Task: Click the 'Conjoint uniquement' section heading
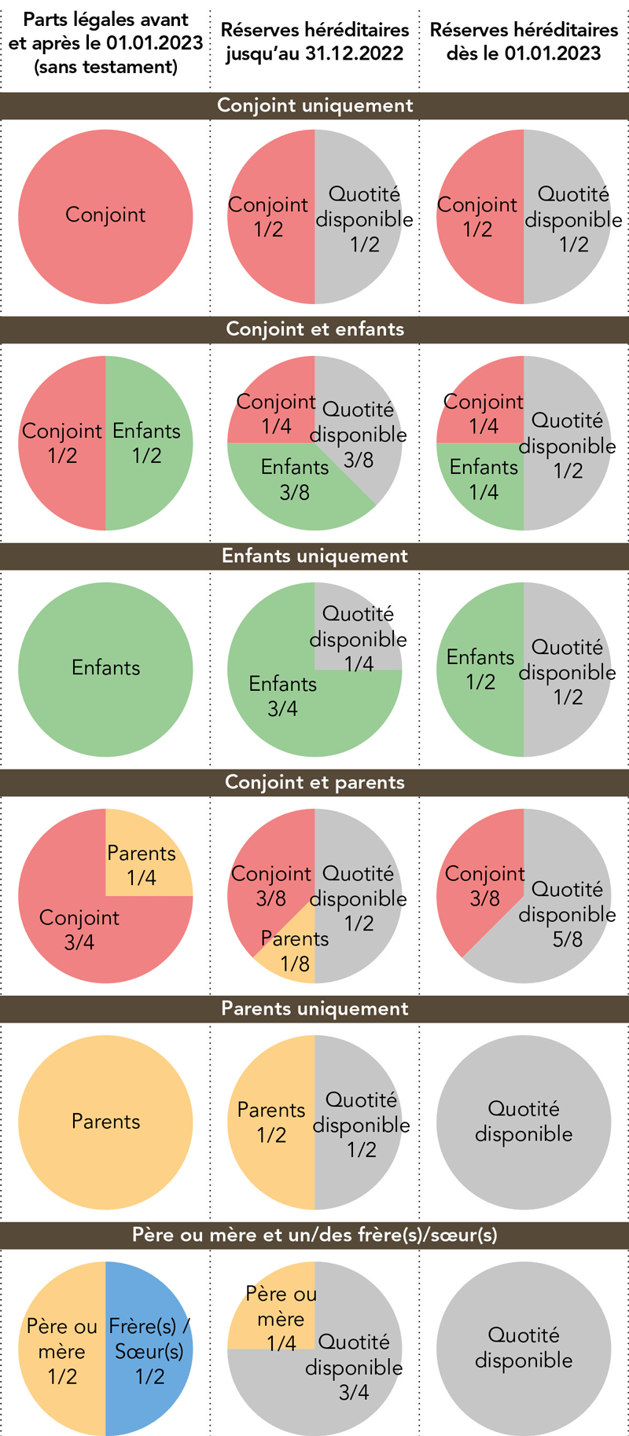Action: point(314,105)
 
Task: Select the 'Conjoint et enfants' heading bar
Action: point(314,329)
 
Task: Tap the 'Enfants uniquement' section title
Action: point(314,556)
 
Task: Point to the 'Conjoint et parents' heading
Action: point(314,782)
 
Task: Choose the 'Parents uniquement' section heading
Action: point(314,1008)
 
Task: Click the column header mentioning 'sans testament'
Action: point(105,43)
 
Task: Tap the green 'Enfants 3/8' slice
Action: point(295,480)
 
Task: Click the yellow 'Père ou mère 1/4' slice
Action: point(275,1317)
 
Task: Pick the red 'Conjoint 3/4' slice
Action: point(79,927)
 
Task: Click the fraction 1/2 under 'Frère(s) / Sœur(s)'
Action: point(149,1376)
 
